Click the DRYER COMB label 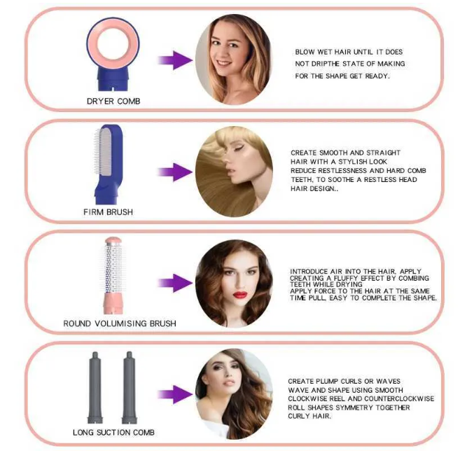pos(113,102)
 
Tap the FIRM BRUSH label pos(108,212)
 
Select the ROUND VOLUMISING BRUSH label pos(120,323)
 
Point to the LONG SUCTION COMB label pos(113,433)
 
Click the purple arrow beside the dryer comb pos(175,60)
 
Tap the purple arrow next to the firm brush pos(175,172)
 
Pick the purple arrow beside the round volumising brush pos(175,283)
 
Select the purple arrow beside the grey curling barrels pos(175,395)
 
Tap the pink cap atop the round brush pos(113,240)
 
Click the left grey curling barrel pos(95,387)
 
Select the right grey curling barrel pos(130,387)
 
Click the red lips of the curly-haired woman pos(240,295)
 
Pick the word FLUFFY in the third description pos(346,278)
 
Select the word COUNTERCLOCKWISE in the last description pos(399,399)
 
